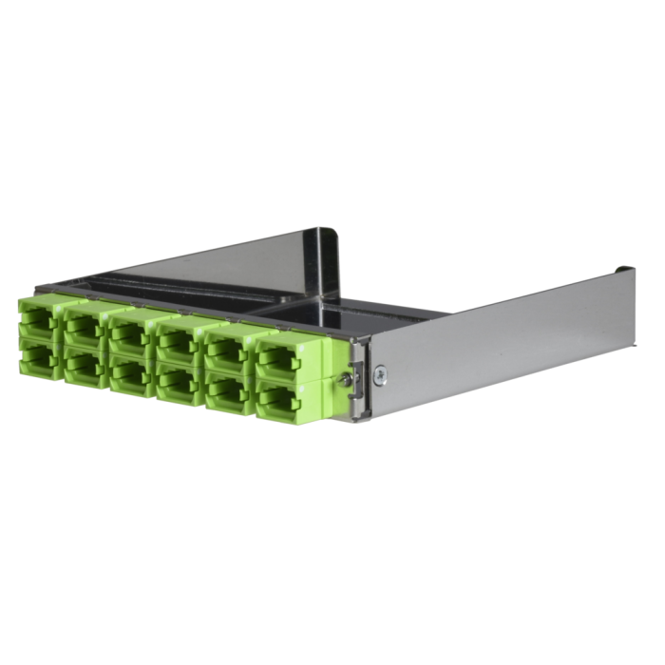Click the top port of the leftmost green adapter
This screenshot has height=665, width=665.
click(x=36, y=320)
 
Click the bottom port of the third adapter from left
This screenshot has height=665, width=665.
click(x=129, y=373)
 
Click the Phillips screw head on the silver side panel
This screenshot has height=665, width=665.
click(x=378, y=372)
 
